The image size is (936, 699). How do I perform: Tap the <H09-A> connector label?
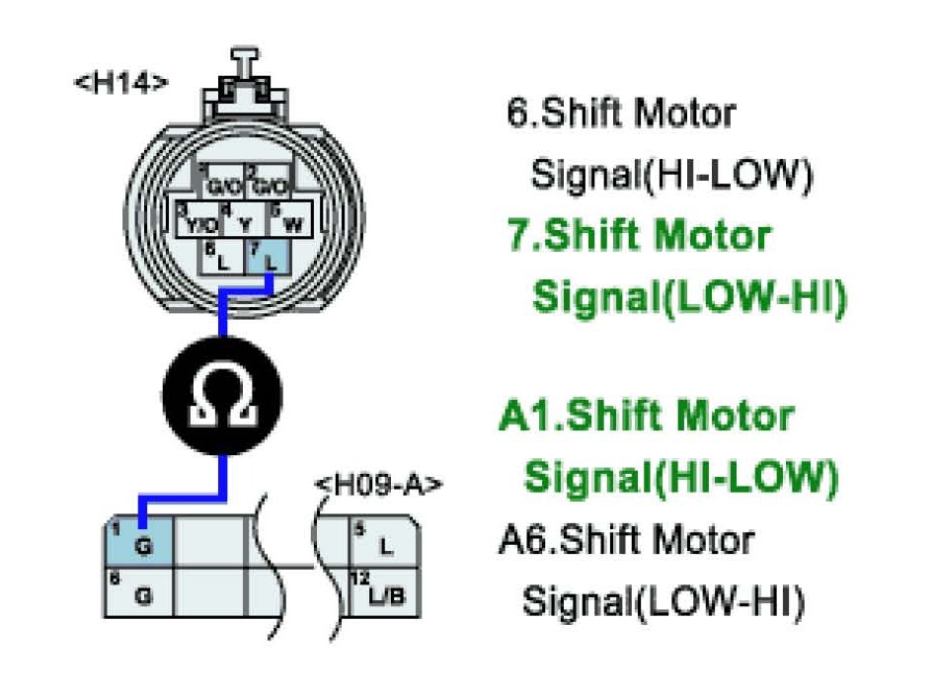377,486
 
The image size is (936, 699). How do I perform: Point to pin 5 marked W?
289,221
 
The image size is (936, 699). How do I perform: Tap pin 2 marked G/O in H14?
268,183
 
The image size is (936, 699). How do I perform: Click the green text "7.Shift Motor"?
637,237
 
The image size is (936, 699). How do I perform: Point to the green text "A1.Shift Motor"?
647,417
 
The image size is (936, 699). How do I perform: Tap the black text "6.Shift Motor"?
621,113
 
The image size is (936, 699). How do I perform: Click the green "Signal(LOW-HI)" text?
689,297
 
